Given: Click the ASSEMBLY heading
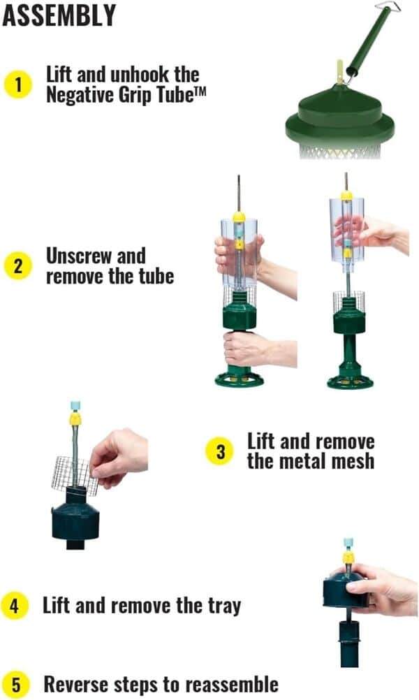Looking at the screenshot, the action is click(x=59, y=15).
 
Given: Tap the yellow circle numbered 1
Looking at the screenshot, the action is click(x=18, y=85).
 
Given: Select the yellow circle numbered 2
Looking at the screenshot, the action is click(x=18, y=266).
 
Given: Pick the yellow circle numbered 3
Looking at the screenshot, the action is click(x=221, y=451).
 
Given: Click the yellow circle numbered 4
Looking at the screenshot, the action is click(x=15, y=606).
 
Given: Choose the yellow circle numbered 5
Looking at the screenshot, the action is click(x=15, y=685).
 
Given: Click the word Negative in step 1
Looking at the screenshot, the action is click(x=80, y=94).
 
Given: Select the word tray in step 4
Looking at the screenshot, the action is click(x=224, y=606).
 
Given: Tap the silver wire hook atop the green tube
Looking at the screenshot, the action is click(x=388, y=6).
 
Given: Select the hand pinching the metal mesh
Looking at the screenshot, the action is click(x=118, y=457).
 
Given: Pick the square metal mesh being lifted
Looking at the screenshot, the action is click(x=75, y=476).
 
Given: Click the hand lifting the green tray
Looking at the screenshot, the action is click(x=379, y=588).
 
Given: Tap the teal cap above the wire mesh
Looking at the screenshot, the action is click(x=75, y=407).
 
